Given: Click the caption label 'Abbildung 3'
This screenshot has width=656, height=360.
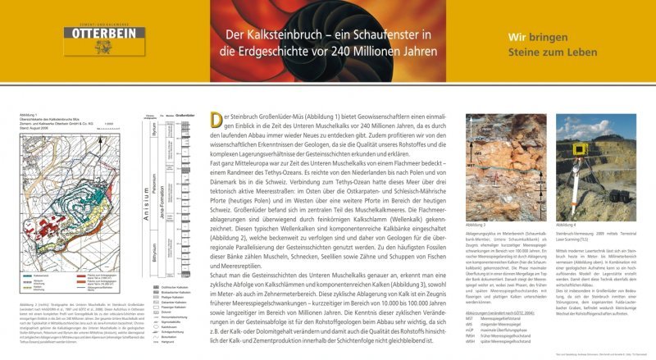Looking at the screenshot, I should [474, 224].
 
